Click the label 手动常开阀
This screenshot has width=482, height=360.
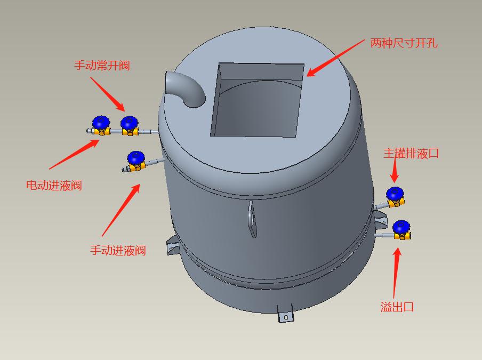tap(102, 66)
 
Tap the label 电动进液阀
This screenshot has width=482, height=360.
tap(54, 186)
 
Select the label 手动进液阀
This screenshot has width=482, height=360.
tap(118, 250)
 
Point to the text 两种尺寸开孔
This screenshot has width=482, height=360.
tap(404, 43)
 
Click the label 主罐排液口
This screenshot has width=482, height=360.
tap(411, 154)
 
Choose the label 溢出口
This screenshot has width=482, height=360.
tap(397, 307)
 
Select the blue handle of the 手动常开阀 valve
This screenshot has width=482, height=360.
tap(129, 123)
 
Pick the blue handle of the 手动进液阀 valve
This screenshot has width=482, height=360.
tap(136, 158)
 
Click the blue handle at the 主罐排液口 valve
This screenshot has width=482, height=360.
tap(395, 193)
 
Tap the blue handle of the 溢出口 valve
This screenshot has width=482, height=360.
tap(401, 227)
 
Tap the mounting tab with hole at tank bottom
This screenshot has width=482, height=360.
tap(285, 315)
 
